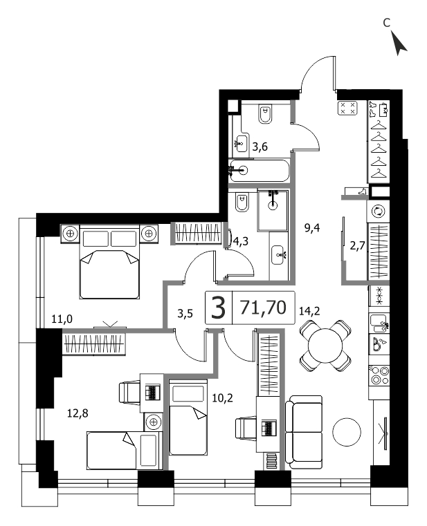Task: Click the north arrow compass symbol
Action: pyautogui.click(x=399, y=43)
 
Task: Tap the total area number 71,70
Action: pyautogui.click(x=263, y=308)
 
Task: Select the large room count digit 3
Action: pyautogui.click(x=219, y=308)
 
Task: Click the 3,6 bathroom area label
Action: pyautogui.click(x=260, y=147)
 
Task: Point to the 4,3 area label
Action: pyautogui.click(x=241, y=241)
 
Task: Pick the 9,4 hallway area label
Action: pyautogui.click(x=311, y=228)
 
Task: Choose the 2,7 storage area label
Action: pyautogui.click(x=358, y=246)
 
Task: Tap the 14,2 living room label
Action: pyautogui.click(x=309, y=311)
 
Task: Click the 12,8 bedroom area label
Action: pyautogui.click(x=78, y=413)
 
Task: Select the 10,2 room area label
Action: pyautogui.click(x=222, y=398)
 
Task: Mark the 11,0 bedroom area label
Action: pyautogui.click(x=62, y=319)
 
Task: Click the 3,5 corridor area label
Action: pyautogui.click(x=185, y=314)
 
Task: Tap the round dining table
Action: pyautogui.click(x=325, y=345)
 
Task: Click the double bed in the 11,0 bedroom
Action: pyautogui.click(x=109, y=262)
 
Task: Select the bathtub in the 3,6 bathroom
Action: pyautogui.click(x=259, y=171)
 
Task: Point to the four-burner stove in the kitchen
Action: pyautogui.click(x=379, y=375)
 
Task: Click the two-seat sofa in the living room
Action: pyautogui.click(x=304, y=432)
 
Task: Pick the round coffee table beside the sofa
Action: pyautogui.click(x=347, y=432)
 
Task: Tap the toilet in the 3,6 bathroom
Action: pyautogui.click(x=265, y=114)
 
